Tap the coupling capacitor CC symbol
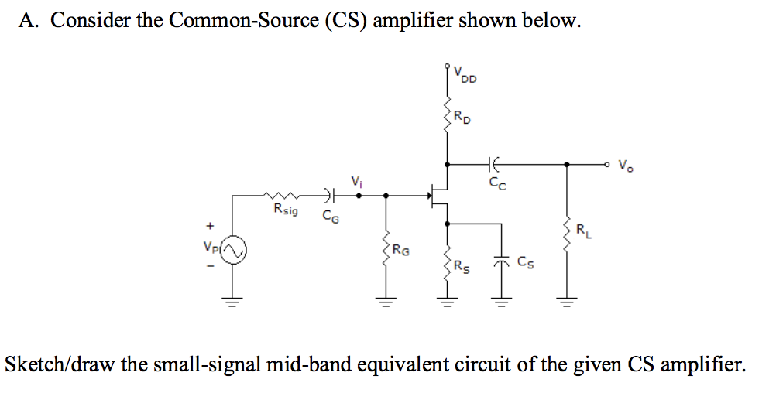(494, 164)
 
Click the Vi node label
(355, 182)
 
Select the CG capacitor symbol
(328, 196)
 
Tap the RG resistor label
(401, 250)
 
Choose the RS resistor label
(461, 268)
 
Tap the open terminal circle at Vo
(609, 164)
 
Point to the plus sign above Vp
(208, 227)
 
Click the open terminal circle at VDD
(447, 67)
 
